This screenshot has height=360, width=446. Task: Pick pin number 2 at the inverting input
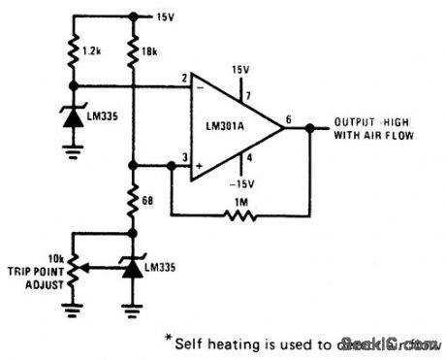182,80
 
